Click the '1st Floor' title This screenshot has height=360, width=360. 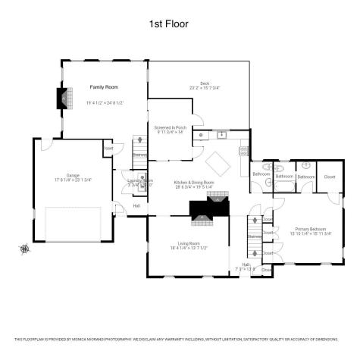pyautogui.click(x=168, y=24)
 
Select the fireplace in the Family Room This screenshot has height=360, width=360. pyautogui.click(x=64, y=99)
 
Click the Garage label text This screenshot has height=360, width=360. pyautogui.click(x=73, y=174)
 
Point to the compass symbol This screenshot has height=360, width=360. pyautogui.click(x=25, y=248)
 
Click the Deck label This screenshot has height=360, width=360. pyautogui.click(x=205, y=83)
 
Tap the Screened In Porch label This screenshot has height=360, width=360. pyautogui.click(x=170, y=127)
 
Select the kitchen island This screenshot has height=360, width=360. pyautogui.click(x=219, y=162)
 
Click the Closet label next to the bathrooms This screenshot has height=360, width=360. pyautogui.click(x=329, y=177)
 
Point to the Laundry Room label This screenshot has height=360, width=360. pyautogui.click(x=135, y=180)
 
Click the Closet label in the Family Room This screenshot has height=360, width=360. pyautogui.click(x=108, y=148)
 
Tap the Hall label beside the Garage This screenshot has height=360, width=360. pyautogui.click(x=136, y=205)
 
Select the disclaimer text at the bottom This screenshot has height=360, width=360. pyautogui.click(x=180, y=339)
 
